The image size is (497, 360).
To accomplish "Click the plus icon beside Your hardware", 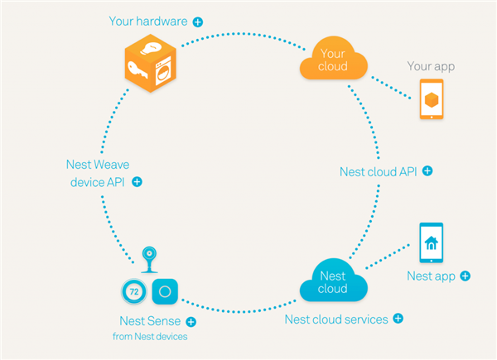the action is pyautogui.click(x=198, y=22).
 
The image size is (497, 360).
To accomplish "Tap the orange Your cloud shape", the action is pyautogui.click(x=334, y=59).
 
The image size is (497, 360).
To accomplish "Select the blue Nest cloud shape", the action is pyautogui.click(x=334, y=281).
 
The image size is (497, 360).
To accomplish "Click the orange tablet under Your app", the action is pyautogui.click(x=432, y=99).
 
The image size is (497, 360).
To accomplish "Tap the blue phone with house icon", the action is pyautogui.click(x=431, y=242).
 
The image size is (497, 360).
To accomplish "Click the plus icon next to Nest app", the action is pyautogui.click(x=466, y=276).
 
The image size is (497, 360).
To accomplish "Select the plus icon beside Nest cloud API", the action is pyautogui.click(x=427, y=171).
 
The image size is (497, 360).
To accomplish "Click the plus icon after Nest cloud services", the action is pyautogui.click(x=398, y=318).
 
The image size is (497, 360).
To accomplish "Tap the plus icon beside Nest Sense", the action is pyautogui.click(x=191, y=322).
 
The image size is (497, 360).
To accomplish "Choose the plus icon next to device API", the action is pyautogui.click(x=137, y=182).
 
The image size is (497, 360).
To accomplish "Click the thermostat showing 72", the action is pyautogui.click(x=134, y=291).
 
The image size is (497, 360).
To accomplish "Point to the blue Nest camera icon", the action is pyautogui.click(x=149, y=260).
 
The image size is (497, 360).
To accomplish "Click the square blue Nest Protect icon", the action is pyautogui.click(x=165, y=291).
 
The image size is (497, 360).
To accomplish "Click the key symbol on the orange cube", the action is pyautogui.click(x=138, y=70).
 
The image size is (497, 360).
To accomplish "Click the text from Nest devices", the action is pyautogui.click(x=150, y=336).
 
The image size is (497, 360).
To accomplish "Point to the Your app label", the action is pyautogui.click(x=431, y=66).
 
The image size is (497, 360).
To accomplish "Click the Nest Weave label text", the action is pyautogui.click(x=98, y=165).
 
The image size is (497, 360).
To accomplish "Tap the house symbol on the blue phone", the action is pyautogui.click(x=431, y=243).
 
